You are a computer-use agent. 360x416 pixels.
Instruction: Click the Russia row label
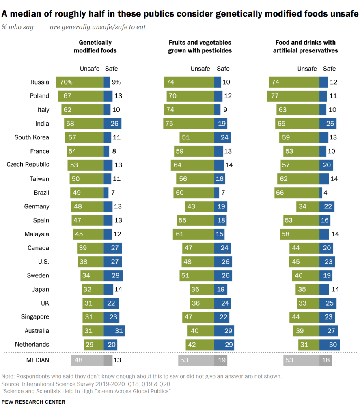tap(40, 82)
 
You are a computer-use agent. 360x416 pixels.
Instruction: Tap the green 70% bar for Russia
tap(80, 82)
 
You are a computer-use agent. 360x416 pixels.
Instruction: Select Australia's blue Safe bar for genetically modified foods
tap(114, 331)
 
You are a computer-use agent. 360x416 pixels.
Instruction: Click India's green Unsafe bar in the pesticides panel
tap(189, 123)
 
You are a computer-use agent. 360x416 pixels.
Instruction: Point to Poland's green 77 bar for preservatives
tap(293, 96)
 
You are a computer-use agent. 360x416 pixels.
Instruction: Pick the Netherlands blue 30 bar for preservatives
tap(330, 344)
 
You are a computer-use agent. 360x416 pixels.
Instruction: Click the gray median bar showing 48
tap(87, 360)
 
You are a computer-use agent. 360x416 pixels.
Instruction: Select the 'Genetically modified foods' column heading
tap(95, 46)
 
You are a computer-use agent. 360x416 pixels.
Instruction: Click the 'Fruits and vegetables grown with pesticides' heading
tap(200, 46)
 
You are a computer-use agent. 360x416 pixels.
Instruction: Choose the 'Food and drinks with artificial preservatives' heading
tap(305, 46)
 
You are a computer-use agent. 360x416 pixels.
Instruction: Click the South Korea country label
tap(32, 137)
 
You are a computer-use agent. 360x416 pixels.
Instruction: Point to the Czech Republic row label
tap(28, 165)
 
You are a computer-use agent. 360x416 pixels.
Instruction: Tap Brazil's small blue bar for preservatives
tap(321, 193)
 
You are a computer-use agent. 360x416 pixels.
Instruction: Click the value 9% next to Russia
tap(116, 82)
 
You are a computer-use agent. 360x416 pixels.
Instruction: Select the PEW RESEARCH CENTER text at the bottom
tap(33, 402)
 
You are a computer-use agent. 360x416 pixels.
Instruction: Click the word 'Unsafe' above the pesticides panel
tap(200, 69)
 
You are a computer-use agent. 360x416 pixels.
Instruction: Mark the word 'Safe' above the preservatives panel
tap(330, 69)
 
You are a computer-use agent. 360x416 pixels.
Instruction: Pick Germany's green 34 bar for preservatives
tap(308, 206)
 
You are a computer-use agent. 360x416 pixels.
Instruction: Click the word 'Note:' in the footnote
tap(8, 376)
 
